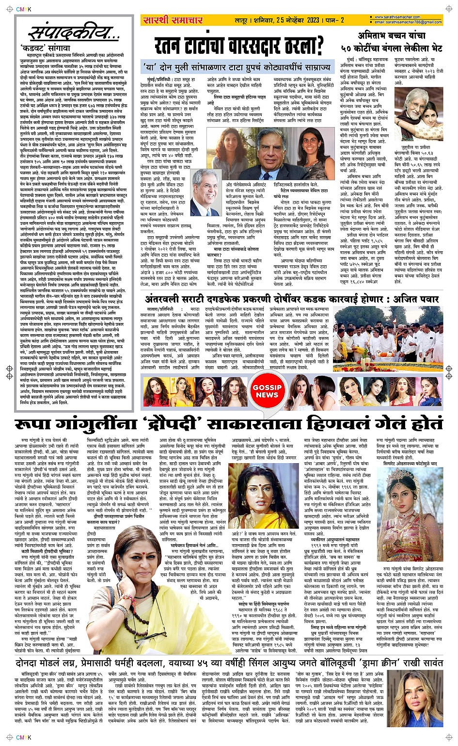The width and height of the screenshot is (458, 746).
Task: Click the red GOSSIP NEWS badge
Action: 267,391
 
